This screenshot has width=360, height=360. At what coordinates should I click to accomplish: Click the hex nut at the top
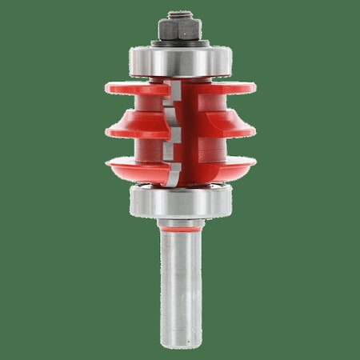(180, 30)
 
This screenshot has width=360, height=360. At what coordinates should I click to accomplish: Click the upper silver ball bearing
(180, 61)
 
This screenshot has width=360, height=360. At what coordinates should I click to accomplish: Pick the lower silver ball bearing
(180, 200)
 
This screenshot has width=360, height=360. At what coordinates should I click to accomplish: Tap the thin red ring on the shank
(180, 230)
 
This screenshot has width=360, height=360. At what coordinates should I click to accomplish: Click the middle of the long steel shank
(180, 280)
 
